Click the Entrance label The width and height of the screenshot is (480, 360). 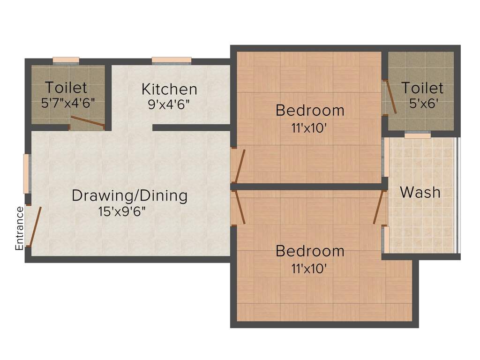pyautogui.click(x=19, y=228)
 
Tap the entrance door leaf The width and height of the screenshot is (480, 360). pyautogui.click(x=34, y=226)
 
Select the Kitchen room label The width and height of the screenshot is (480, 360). pyautogui.click(x=169, y=90)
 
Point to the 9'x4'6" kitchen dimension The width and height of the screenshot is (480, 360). pyautogui.click(x=169, y=105)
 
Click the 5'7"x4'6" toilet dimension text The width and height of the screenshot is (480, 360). pyautogui.click(x=68, y=103)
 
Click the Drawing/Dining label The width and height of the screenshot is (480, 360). pyautogui.click(x=129, y=195)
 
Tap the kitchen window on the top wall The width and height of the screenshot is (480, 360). pyautogui.click(x=172, y=61)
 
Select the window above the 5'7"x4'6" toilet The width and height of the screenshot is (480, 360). pyautogui.click(x=66, y=61)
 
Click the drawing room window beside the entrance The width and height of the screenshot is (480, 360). pyautogui.click(x=27, y=173)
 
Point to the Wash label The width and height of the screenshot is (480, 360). pyautogui.click(x=420, y=192)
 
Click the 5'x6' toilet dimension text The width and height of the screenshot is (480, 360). pyautogui.click(x=422, y=104)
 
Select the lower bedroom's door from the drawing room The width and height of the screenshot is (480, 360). pyautogui.click(x=239, y=207)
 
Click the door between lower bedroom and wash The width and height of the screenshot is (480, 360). pyautogui.click(x=378, y=207)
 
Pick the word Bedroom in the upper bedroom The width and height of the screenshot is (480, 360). pyautogui.click(x=310, y=111)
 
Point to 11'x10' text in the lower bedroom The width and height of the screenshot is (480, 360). pyautogui.click(x=309, y=269)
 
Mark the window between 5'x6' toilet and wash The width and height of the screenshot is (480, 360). pyautogui.click(x=418, y=135)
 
